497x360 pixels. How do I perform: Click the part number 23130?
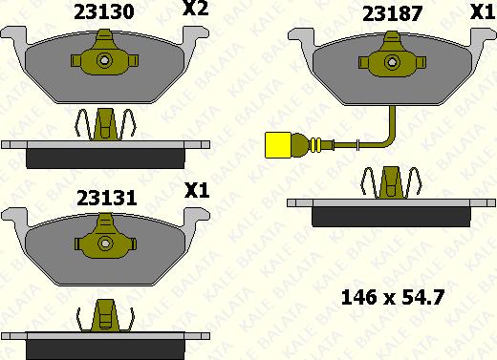click(x=104, y=12)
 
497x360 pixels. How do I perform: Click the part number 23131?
click(x=107, y=198)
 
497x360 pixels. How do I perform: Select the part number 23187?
click(x=393, y=14)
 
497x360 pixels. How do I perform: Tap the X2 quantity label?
click(x=195, y=9)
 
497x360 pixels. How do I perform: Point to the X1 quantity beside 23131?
click(x=197, y=190)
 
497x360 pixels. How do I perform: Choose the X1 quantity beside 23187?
click(x=483, y=12)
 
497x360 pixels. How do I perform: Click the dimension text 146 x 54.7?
click(x=393, y=298)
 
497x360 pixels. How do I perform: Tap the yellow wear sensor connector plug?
click(x=277, y=145)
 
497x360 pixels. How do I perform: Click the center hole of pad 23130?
click(x=104, y=60)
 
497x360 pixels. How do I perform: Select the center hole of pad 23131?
click(x=105, y=244)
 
